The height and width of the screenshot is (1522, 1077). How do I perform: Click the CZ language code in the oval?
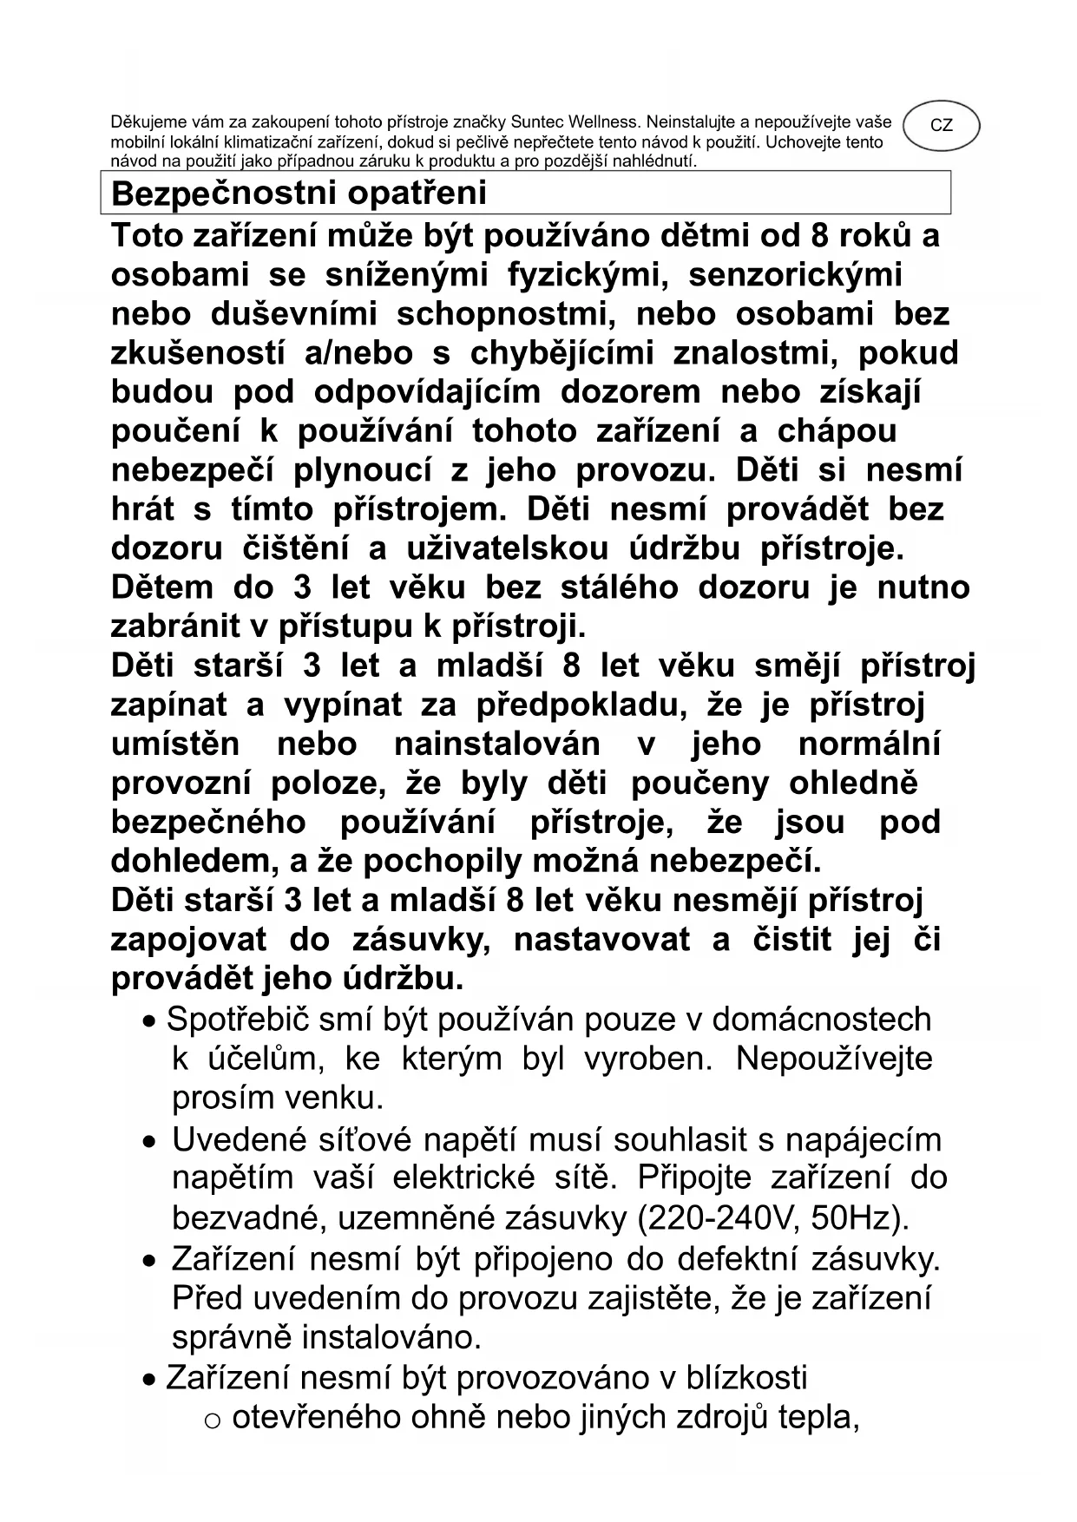pos(941,126)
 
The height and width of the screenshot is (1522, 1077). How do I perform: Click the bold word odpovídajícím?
pos(426,392)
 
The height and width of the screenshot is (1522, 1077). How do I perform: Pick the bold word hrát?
pos(142,509)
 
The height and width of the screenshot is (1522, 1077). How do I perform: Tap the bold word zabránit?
pos(183,627)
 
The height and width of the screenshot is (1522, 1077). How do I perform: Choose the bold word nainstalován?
pos(496,744)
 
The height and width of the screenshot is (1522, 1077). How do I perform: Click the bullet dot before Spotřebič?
pos(152,1021)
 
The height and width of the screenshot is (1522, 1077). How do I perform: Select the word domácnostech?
pos(822,1020)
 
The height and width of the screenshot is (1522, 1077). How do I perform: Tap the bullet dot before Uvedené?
pos(152,1142)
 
